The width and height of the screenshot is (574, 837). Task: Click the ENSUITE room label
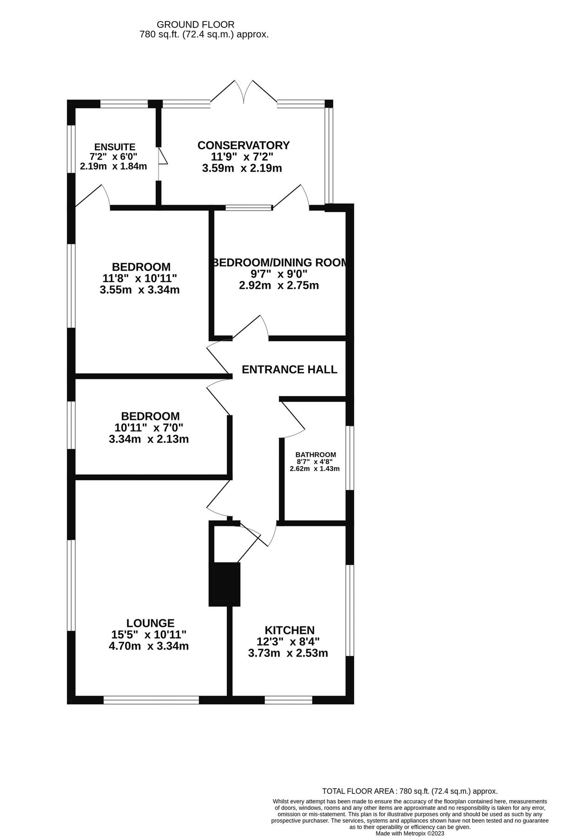(x=115, y=147)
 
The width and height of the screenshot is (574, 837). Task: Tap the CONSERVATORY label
(x=243, y=145)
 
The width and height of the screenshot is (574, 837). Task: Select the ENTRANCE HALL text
(x=290, y=369)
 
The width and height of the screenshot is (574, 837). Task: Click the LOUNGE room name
(x=150, y=623)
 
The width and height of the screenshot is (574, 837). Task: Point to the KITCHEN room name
(x=290, y=630)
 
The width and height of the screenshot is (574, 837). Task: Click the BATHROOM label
(x=316, y=454)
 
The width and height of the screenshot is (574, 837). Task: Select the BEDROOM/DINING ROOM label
(x=280, y=263)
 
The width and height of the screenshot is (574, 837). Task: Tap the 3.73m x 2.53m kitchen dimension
(x=288, y=653)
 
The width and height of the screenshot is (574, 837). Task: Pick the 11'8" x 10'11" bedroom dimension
(x=140, y=279)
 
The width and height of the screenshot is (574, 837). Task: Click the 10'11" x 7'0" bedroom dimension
(x=149, y=427)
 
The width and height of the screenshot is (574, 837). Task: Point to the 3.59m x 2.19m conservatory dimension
(x=242, y=168)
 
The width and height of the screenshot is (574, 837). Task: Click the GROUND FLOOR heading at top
(x=195, y=24)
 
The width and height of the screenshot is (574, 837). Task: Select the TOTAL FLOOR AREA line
(x=409, y=790)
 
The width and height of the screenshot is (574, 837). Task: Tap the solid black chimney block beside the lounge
(x=224, y=584)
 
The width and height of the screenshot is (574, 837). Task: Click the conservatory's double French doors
(x=244, y=92)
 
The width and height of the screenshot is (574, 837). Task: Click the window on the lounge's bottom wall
(x=151, y=700)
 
